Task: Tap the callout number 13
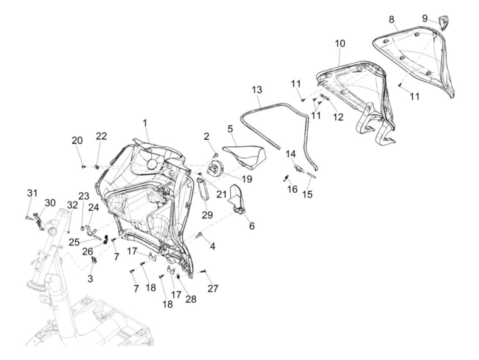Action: (257, 90)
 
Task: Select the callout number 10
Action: (340, 43)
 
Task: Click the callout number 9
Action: (425, 18)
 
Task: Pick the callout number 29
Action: (207, 215)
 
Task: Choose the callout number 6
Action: (252, 226)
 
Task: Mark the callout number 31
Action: (32, 193)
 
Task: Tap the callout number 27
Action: (213, 288)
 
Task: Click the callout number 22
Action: (101, 136)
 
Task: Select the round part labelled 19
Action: (216, 169)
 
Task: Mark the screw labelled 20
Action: (83, 166)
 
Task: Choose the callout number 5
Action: (230, 129)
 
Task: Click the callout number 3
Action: (90, 279)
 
